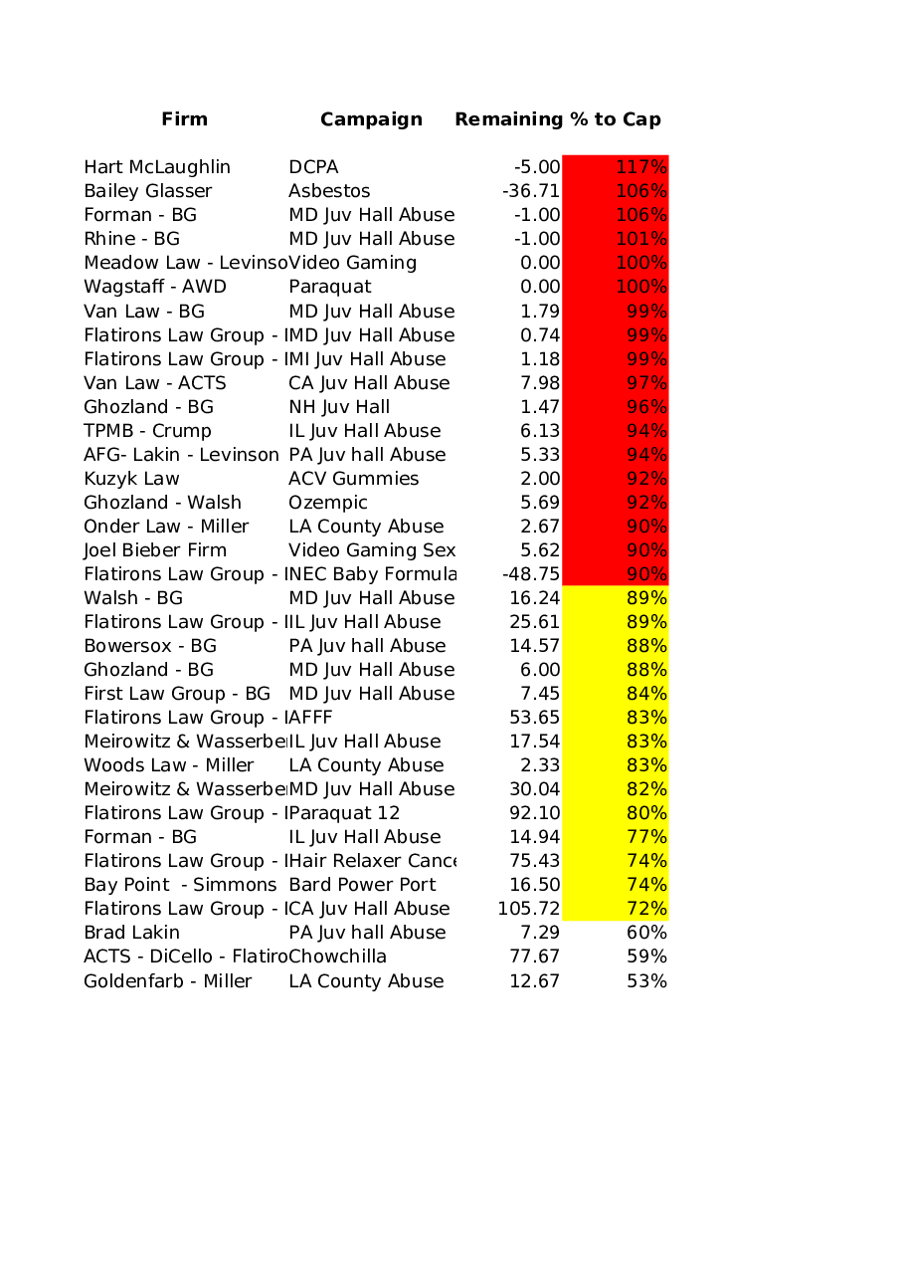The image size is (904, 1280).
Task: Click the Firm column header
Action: [185, 119]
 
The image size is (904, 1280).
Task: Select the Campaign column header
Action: [371, 119]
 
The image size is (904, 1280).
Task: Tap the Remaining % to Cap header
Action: [558, 119]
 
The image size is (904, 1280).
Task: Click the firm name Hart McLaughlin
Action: [157, 167]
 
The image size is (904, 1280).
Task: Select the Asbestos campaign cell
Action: [329, 191]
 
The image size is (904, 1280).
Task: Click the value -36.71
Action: [531, 191]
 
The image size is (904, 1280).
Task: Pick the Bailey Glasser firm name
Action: [148, 191]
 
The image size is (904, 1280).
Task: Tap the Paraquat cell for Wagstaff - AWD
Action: [330, 287]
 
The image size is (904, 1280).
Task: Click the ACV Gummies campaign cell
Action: [354, 479]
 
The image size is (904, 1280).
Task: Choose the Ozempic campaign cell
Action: [328, 503]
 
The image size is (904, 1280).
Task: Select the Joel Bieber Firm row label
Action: [155, 550]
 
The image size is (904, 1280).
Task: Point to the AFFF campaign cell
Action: [311, 718]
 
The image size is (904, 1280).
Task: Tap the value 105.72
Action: [529, 909]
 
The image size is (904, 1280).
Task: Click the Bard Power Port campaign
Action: [362, 885]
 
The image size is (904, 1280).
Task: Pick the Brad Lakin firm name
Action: [132, 933]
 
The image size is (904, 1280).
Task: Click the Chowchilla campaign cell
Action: [338, 957]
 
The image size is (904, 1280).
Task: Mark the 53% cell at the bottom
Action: [646, 981]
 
